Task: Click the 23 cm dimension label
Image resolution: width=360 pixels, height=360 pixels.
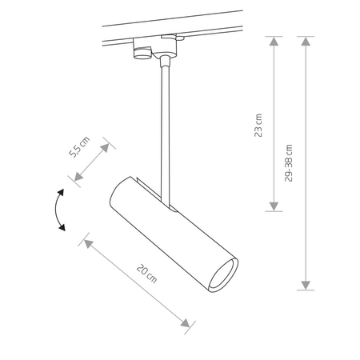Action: [x=258, y=125]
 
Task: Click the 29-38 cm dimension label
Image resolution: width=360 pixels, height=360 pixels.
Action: [x=290, y=163]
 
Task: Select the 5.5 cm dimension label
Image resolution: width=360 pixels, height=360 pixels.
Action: [x=78, y=149]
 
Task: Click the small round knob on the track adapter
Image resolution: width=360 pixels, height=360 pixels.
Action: [x=141, y=55]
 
